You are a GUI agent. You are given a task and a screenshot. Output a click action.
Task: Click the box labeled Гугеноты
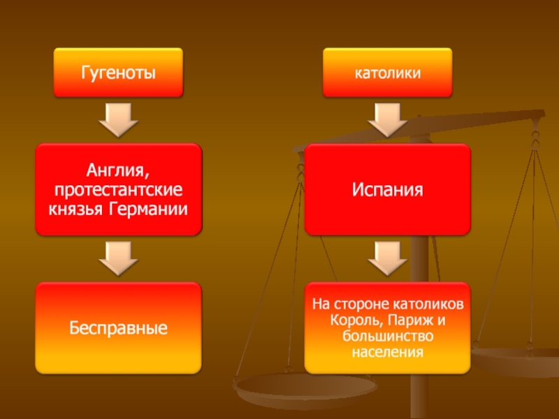(118, 72)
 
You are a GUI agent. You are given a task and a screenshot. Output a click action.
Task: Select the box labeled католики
(386, 72)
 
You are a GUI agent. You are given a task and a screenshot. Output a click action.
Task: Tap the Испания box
(387, 189)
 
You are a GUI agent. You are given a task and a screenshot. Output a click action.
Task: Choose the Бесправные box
(118, 327)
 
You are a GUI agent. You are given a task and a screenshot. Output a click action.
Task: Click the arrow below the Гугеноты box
(118, 119)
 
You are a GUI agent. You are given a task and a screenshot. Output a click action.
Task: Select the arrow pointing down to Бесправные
(118, 258)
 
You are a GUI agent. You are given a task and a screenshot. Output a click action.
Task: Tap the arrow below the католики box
(386, 119)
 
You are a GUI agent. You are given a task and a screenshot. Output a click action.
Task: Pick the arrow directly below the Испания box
(386, 258)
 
